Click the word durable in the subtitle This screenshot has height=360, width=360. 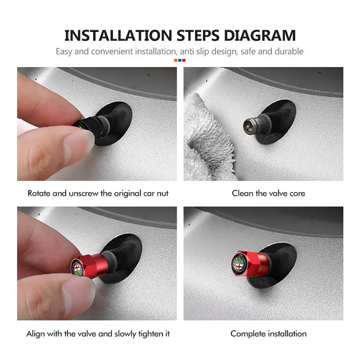[288, 51]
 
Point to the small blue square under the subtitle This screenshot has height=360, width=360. [180, 60]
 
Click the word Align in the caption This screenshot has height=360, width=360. [36, 334]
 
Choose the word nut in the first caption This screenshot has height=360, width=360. [162, 193]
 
